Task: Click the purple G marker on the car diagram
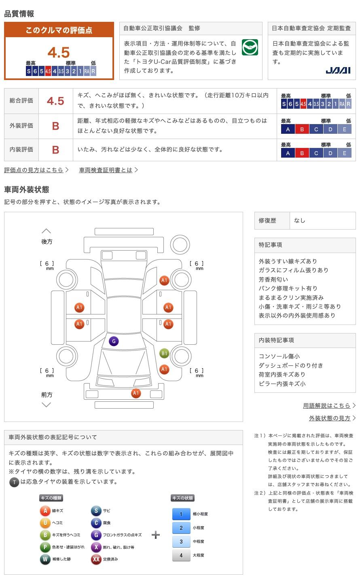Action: (x=114, y=341)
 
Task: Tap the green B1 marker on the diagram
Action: (x=164, y=353)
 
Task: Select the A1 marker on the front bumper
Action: (x=136, y=393)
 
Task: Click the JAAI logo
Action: (x=338, y=70)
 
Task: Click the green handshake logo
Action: (x=250, y=47)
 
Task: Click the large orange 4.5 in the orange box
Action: (x=59, y=53)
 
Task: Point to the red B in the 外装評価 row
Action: (x=56, y=126)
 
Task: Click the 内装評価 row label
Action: (x=21, y=150)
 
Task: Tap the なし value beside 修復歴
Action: (x=299, y=220)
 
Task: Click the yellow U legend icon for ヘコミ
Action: (x=45, y=523)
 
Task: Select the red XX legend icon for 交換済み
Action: (x=96, y=559)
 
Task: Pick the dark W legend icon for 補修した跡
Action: (x=45, y=559)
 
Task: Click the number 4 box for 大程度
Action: (x=181, y=555)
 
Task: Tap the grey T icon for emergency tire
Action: (x=14, y=482)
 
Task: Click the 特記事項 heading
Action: (x=270, y=245)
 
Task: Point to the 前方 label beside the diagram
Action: (x=47, y=394)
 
